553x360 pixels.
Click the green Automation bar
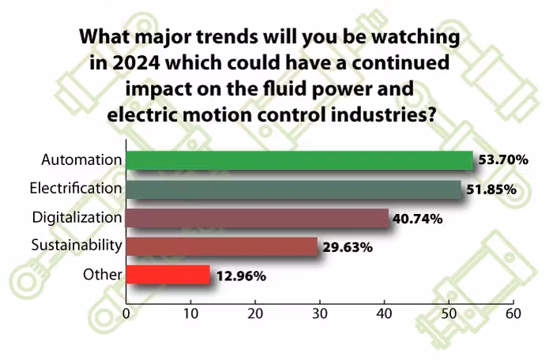pyautogui.click(x=299, y=160)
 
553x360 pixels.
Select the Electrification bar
pyautogui.click(x=293, y=189)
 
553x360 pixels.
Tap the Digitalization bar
pyautogui.click(x=257, y=218)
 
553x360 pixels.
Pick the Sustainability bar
pyautogui.click(x=221, y=246)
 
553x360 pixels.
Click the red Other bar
pyautogui.click(x=167, y=275)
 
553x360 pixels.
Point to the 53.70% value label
pyautogui.click(x=503, y=160)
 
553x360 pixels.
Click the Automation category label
pyautogui.click(x=82, y=160)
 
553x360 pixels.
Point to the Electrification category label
pyautogui.click(x=76, y=189)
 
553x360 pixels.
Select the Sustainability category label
pyautogui.click(x=77, y=246)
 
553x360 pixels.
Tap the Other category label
pyautogui.click(x=103, y=275)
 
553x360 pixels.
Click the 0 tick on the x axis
pyautogui.click(x=126, y=313)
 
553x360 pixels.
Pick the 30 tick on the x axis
pyautogui.click(x=320, y=313)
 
